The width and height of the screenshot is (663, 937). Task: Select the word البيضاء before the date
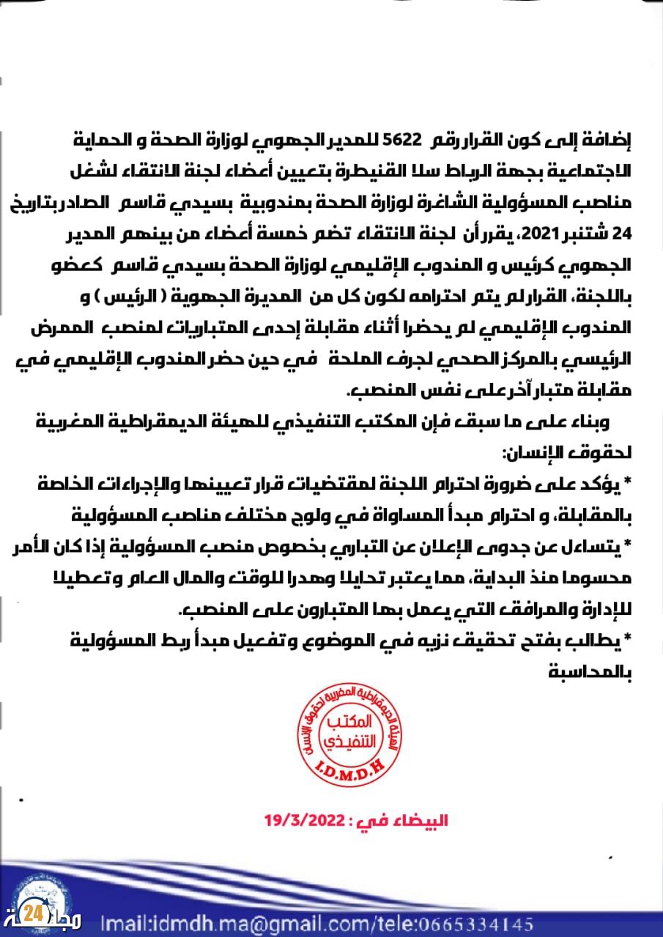tap(418, 820)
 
